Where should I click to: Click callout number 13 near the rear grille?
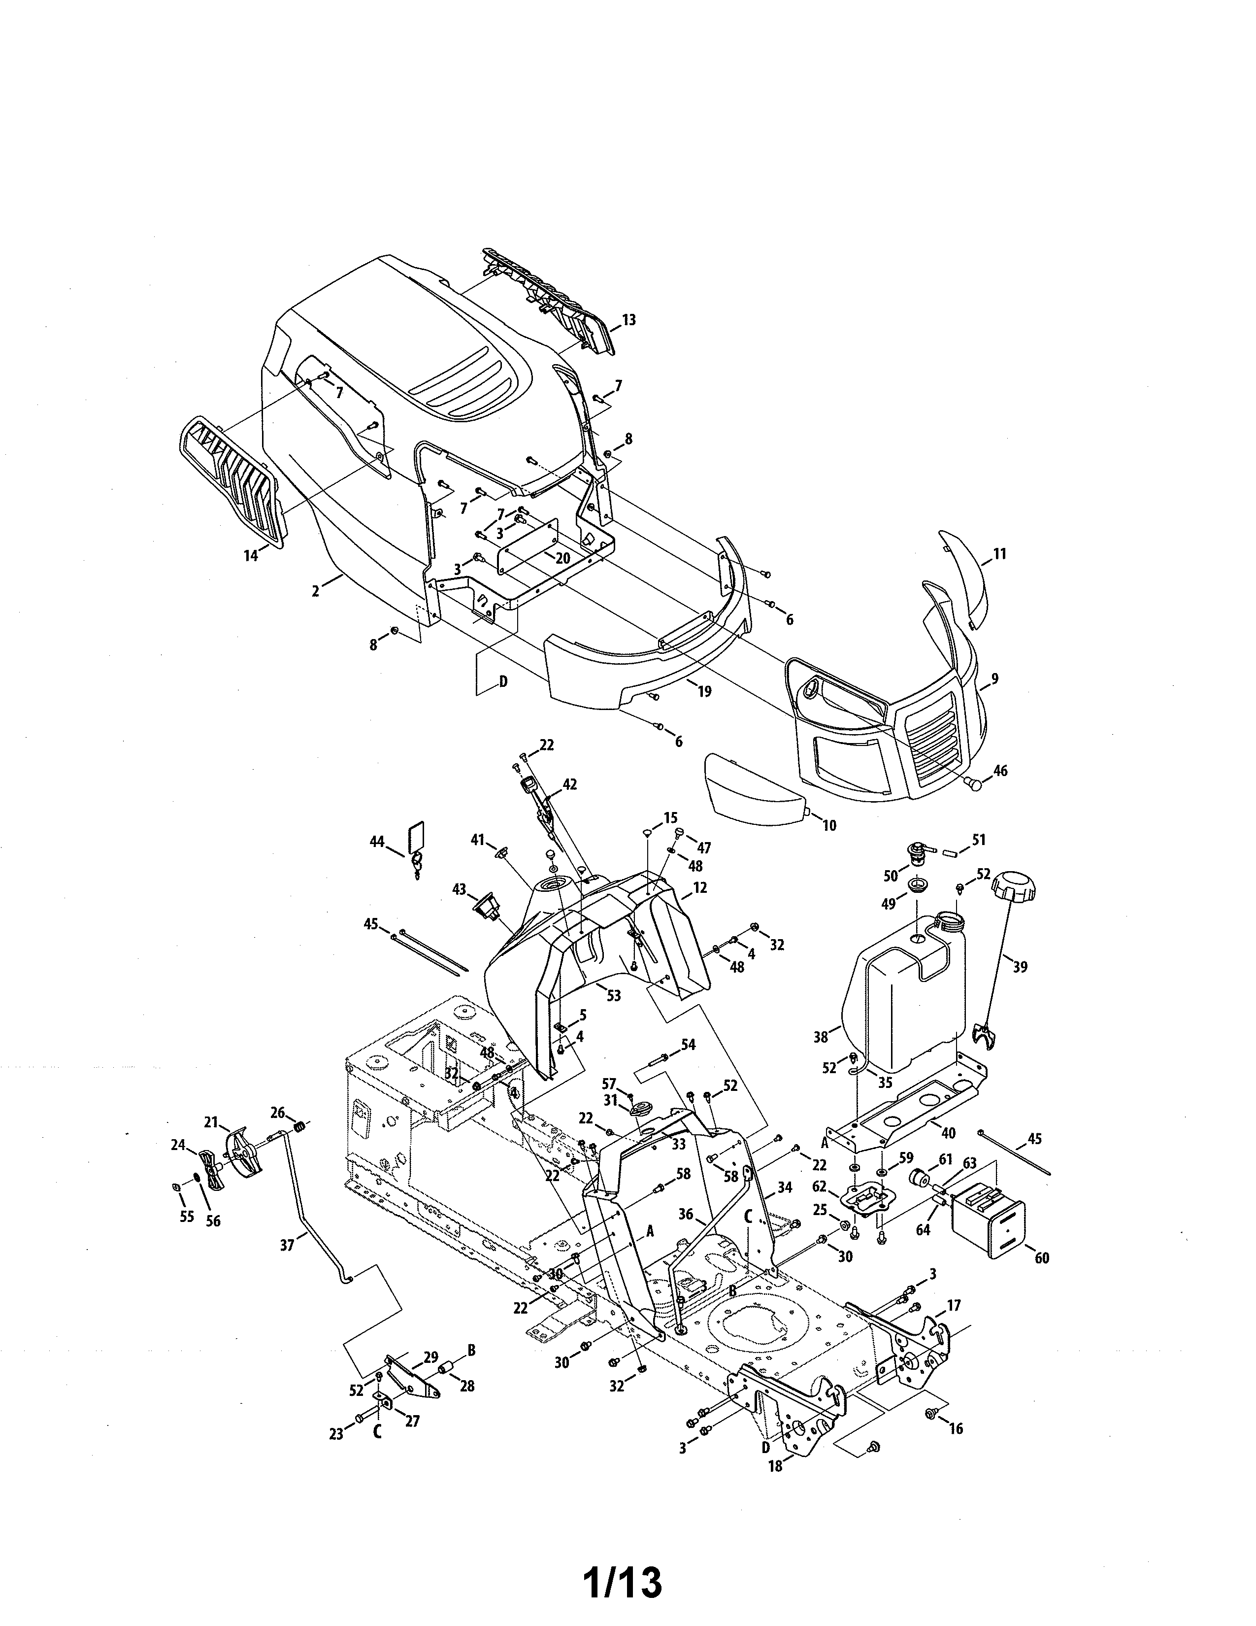[x=629, y=320]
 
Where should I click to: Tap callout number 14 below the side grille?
[x=251, y=555]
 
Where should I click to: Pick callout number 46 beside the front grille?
[x=1000, y=771]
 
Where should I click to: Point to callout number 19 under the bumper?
[x=703, y=691]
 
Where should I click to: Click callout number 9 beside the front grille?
[x=995, y=679]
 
